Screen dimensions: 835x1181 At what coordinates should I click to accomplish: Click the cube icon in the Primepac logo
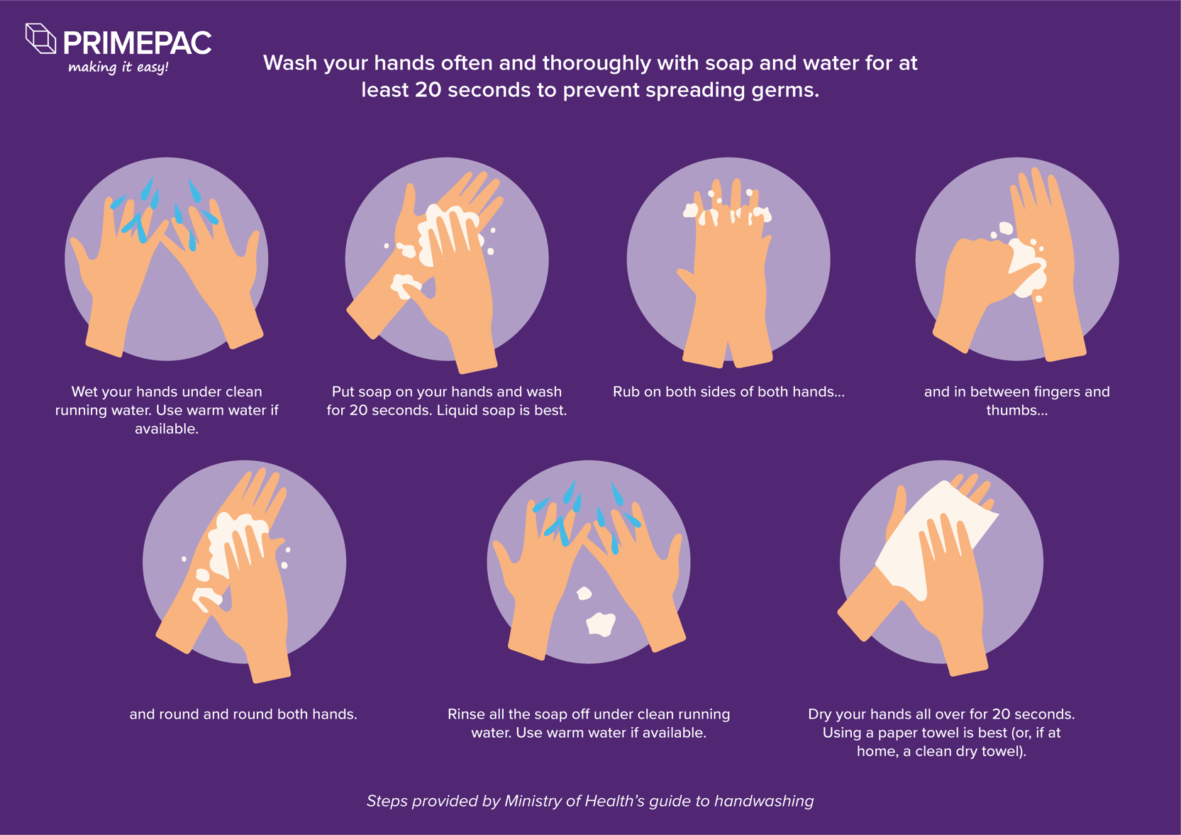point(40,38)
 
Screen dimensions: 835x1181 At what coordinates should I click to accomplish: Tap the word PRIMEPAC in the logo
point(137,43)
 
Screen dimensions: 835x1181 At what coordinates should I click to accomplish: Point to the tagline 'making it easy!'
point(118,67)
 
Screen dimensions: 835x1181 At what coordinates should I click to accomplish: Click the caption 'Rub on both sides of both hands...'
point(728,392)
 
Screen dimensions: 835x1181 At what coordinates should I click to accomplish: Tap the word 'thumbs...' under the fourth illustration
point(1016,410)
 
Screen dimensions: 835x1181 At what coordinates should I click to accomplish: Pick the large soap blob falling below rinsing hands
point(601,624)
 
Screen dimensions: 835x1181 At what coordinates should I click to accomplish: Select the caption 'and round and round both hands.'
point(243,714)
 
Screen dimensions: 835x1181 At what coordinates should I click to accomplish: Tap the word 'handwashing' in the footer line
point(763,801)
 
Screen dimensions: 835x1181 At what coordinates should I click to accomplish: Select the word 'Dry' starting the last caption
point(821,714)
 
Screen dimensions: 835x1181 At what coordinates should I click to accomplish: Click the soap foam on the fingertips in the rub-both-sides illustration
point(728,211)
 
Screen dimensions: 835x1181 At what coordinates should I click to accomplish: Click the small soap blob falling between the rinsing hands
point(584,593)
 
